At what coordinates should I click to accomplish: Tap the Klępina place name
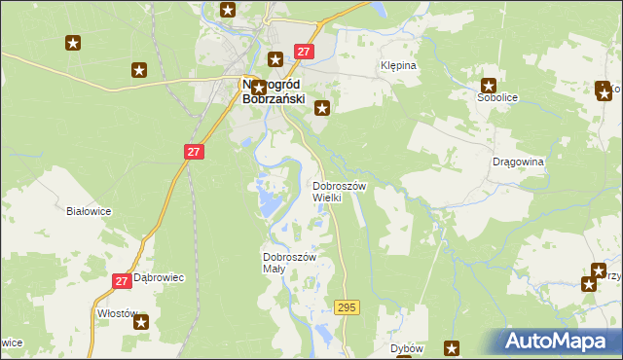click(x=397, y=66)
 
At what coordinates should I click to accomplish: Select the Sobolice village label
click(x=495, y=98)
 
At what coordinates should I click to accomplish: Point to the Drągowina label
click(x=518, y=162)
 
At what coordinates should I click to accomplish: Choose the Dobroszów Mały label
click(x=289, y=263)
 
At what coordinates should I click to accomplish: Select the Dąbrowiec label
click(x=159, y=277)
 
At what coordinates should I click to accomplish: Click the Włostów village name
click(x=118, y=314)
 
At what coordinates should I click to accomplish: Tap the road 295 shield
click(x=347, y=307)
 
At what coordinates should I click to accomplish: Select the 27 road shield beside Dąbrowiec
click(x=122, y=281)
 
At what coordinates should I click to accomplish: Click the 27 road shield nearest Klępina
click(x=304, y=52)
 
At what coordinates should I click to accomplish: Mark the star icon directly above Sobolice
click(x=489, y=85)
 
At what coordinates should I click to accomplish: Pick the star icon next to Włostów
click(x=143, y=322)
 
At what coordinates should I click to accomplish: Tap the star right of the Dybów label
click(x=452, y=348)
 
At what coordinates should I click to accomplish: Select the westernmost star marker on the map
click(x=73, y=43)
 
